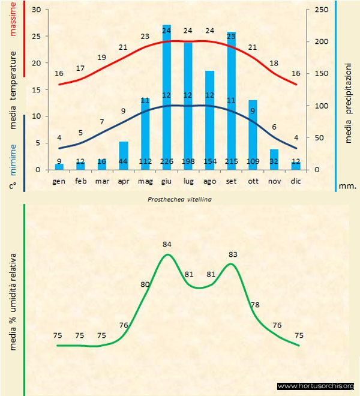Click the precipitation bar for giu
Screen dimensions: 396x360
pos(167,96)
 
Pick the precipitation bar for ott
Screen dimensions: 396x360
pos(253,132)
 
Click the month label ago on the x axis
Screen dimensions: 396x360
pos(209,181)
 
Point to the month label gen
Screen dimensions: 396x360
pos(59,181)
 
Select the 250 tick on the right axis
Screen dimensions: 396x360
pos(321,10)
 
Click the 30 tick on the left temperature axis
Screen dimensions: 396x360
pos(35,10)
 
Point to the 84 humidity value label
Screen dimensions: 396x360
pos(167,244)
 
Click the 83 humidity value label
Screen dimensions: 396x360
pos(233,254)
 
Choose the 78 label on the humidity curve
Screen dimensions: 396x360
pos(254,305)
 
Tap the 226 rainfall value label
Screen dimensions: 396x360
pos(167,162)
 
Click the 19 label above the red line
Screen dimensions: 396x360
pos(102,58)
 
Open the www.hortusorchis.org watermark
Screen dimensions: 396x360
pos(316,386)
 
